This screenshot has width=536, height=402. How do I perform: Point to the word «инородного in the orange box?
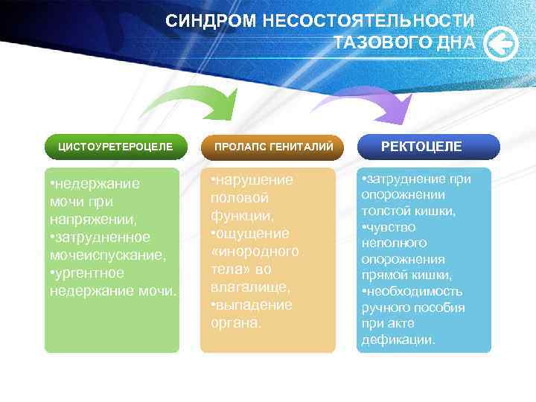click(255, 252)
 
